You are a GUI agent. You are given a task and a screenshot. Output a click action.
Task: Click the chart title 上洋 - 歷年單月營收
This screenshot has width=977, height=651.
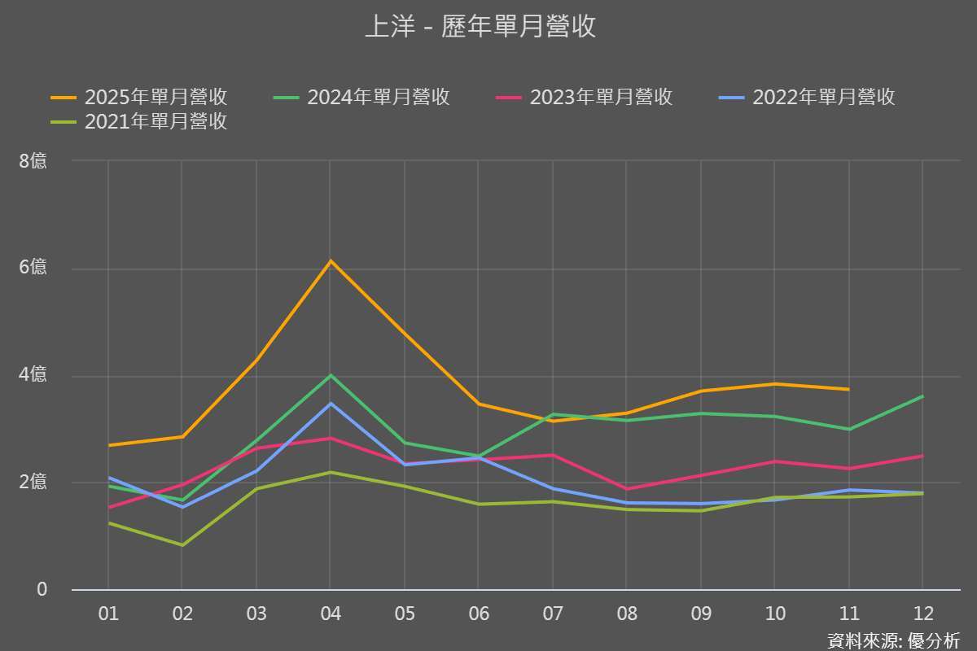point(480,27)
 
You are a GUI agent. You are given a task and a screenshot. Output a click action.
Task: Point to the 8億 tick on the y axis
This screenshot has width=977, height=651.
point(33,161)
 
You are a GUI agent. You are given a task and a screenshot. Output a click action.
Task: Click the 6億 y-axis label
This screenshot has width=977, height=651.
point(33,268)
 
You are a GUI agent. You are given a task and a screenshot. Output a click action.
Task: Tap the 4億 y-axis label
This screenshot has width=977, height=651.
point(33,375)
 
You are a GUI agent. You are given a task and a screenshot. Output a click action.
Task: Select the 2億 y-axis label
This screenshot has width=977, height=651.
point(33,482)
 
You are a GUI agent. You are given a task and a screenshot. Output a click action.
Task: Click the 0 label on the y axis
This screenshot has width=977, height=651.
point(42,589)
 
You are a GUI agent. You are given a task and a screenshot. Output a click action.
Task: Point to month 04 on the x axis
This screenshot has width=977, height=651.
point(331,614)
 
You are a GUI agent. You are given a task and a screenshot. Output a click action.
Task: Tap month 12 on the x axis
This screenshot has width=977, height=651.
point(922,614)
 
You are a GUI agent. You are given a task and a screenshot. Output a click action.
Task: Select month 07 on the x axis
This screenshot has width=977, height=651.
point(553,614)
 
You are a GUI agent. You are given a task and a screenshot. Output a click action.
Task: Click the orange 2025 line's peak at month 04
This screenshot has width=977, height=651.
point(331,261)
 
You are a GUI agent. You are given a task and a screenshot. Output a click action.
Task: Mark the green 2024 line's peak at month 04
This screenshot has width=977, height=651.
point(331,375)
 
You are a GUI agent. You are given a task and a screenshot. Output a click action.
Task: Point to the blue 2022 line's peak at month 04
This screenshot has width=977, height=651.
point(331,403)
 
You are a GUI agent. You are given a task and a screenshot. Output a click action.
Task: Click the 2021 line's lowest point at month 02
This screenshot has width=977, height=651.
point(182,545)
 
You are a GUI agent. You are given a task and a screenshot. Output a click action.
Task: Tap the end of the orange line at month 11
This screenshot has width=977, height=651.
point(848,389)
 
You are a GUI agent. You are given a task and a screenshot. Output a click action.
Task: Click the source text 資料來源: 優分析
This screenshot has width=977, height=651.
point(893,640)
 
